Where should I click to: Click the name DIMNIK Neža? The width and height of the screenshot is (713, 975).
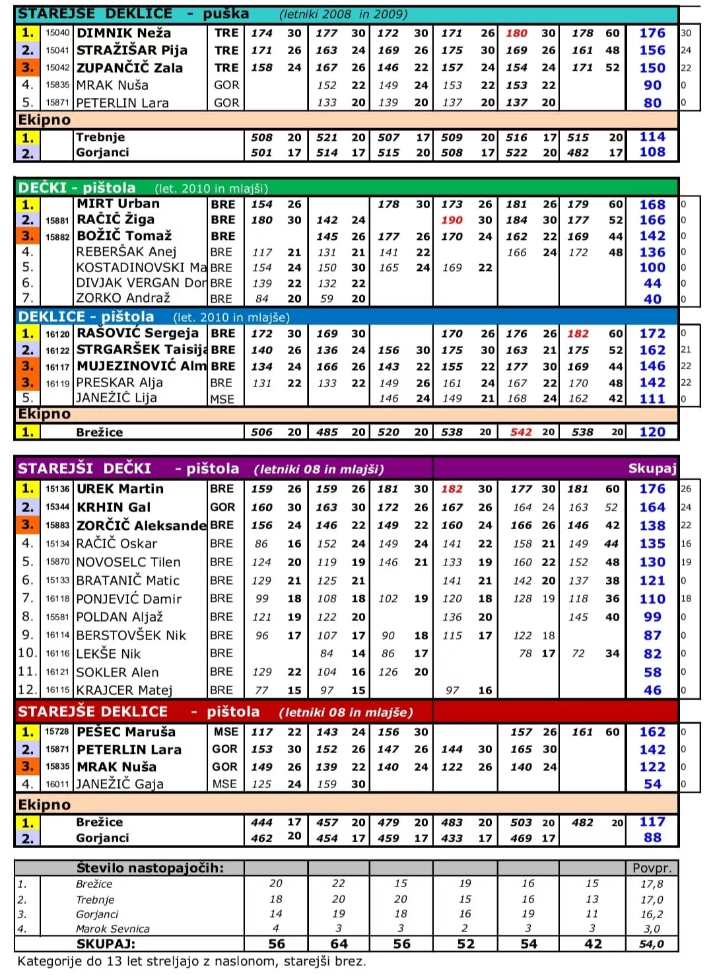click(123, 33)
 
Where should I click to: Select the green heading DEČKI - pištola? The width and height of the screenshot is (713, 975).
click(77, 188)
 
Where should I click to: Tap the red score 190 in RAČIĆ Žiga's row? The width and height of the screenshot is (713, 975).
click(452, 220)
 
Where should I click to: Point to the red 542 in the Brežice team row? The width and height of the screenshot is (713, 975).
click(521, 432)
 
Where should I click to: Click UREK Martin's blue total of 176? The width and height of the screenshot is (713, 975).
click(652, 489)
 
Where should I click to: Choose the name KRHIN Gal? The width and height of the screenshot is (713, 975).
click(114, 507)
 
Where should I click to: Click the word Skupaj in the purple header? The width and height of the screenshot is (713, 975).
click(652, 468)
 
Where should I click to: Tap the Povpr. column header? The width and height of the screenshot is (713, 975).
click(652, 868)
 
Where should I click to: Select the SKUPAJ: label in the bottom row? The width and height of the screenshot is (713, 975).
click(106, 944)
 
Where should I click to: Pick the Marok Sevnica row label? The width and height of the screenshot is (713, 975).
click(113, 929)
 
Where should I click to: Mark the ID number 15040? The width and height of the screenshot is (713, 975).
click(57, 33)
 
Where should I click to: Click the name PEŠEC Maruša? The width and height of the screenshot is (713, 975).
click(126, 732)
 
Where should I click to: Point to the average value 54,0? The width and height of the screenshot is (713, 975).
click(652, 944)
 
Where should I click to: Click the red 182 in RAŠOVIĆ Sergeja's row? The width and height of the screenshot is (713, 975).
click(578, 334)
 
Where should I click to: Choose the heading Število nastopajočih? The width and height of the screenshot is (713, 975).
click(150, 868)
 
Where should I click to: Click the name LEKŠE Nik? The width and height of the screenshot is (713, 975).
click(108, 654)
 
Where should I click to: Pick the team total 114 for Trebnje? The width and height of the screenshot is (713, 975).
click(652, 137)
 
